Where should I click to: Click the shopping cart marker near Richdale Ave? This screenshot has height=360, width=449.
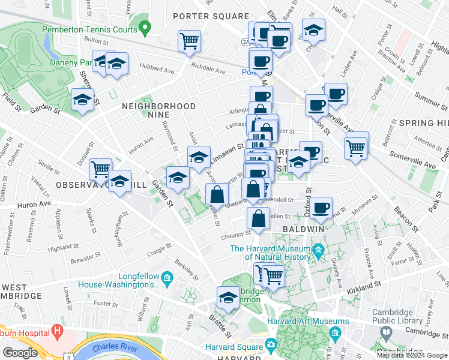(189, 41)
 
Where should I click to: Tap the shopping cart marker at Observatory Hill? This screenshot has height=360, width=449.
(100, 169)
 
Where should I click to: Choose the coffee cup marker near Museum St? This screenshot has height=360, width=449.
(321, 208)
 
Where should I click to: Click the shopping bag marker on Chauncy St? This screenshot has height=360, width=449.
(258, 220)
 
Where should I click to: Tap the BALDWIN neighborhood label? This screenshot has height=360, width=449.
(309, 229)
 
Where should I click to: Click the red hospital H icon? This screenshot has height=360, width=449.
(57, 330)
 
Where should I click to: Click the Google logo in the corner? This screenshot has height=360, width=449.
(20, 352)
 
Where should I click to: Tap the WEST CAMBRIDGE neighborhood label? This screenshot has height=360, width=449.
(21, 292)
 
